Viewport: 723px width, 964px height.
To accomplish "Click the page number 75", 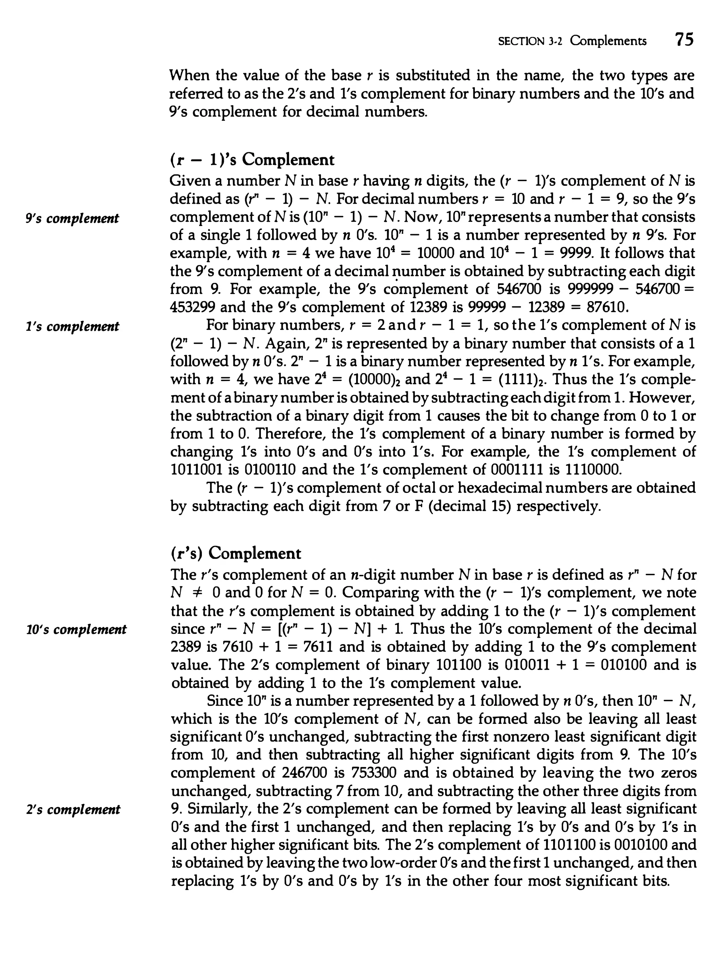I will (x=683, y=40).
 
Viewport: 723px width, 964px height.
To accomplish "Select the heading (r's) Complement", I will (x=236, y=553).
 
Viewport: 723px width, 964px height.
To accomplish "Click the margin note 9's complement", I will (x=72, y=218).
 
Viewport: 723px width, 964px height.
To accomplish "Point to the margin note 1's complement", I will (x=72, y=326).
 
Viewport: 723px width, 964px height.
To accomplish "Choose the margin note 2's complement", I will (x=72, y=810).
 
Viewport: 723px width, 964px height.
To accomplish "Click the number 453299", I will (x=192, y=308).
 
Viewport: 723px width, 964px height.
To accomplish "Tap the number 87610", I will (x=608, y=308).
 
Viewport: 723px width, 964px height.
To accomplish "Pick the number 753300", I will (x=375, y=773).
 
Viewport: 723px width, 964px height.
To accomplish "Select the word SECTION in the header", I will (x=521, y=41).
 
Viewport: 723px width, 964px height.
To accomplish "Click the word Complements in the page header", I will (x=608, y=41).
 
